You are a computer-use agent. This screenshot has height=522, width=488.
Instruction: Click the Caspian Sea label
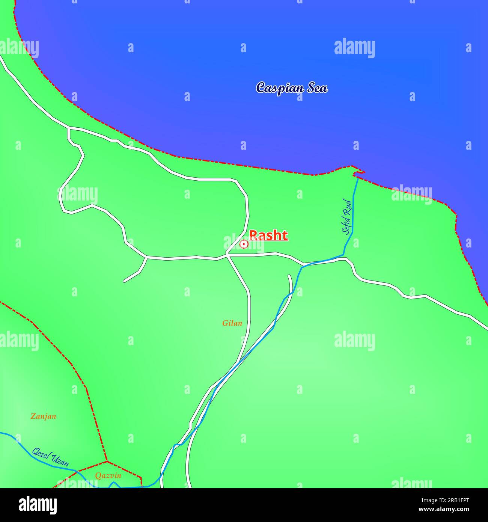click(292, 88)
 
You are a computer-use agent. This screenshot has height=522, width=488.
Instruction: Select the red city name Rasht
click(268, 235)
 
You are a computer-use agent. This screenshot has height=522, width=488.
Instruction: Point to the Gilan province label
click(232, 323)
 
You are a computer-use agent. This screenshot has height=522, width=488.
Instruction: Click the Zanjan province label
click(43, 416)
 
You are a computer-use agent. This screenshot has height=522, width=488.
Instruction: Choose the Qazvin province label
click(108, 476)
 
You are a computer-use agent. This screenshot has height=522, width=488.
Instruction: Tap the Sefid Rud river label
click(348, 217)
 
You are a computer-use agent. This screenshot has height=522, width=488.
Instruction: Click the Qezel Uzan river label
click(50, 457)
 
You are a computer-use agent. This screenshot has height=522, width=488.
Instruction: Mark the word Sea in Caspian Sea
click(318, 88)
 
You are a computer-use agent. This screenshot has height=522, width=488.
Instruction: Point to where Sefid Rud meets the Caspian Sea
click(358, 178)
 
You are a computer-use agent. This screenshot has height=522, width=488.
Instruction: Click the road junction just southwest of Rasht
click(227, 255)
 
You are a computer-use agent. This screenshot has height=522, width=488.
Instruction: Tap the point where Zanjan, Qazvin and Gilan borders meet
click(107, 461)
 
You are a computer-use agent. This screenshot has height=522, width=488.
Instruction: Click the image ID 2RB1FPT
click(455, 500)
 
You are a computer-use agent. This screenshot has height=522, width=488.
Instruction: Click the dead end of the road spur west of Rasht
click(124, 281)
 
